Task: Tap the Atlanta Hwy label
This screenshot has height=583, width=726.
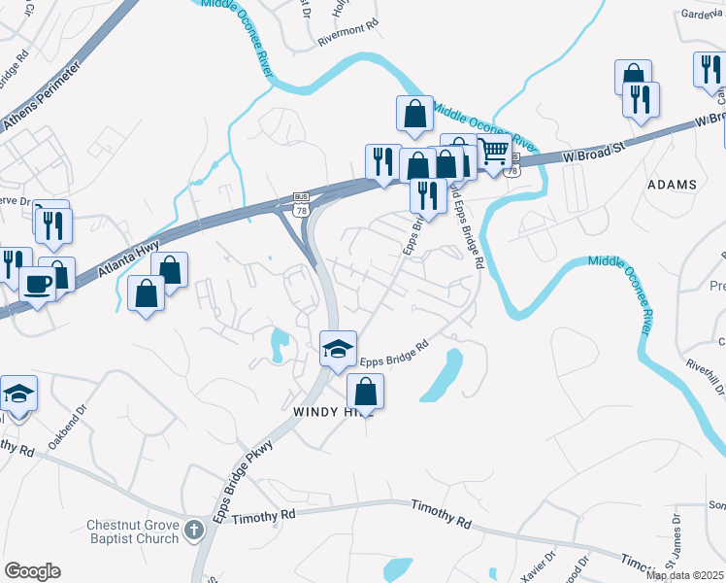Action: [129, 260]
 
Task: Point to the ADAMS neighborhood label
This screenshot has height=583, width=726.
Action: [673, 185]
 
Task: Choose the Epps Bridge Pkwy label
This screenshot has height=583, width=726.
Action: [239, 475]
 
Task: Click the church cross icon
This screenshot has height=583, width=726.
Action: [194, 531]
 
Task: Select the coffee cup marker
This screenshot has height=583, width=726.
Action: [39, 284]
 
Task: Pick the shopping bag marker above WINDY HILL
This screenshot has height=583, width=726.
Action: [365, 392]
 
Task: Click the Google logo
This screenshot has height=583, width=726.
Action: [32, 571]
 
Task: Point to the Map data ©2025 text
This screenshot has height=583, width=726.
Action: [684, 575]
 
